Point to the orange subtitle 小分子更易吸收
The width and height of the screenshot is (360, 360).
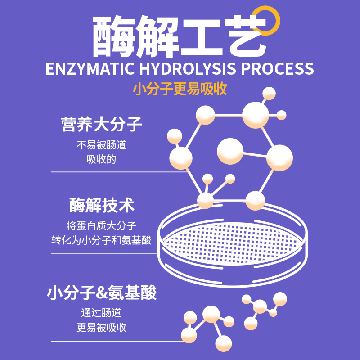[x=180, y=89]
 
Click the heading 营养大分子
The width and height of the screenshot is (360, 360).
[x=101, y=124]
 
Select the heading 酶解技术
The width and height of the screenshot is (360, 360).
[x=102, y=206]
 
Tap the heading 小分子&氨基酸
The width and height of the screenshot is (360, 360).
[x=102, y=293]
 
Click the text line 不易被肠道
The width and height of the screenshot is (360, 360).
[x=101, y=146]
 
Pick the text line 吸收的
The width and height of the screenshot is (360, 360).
[x=101, y=160]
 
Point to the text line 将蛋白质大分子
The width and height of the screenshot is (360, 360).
[x=101, y=226]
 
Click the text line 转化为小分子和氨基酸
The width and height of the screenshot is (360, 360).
[x=101, y=240]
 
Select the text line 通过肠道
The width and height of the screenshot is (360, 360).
[x=101, y=313]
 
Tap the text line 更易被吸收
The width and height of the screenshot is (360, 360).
[x=101, y=327]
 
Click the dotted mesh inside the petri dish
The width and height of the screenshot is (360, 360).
[x=232, y=243]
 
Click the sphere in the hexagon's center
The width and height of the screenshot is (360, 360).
[x=230, y=151]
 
